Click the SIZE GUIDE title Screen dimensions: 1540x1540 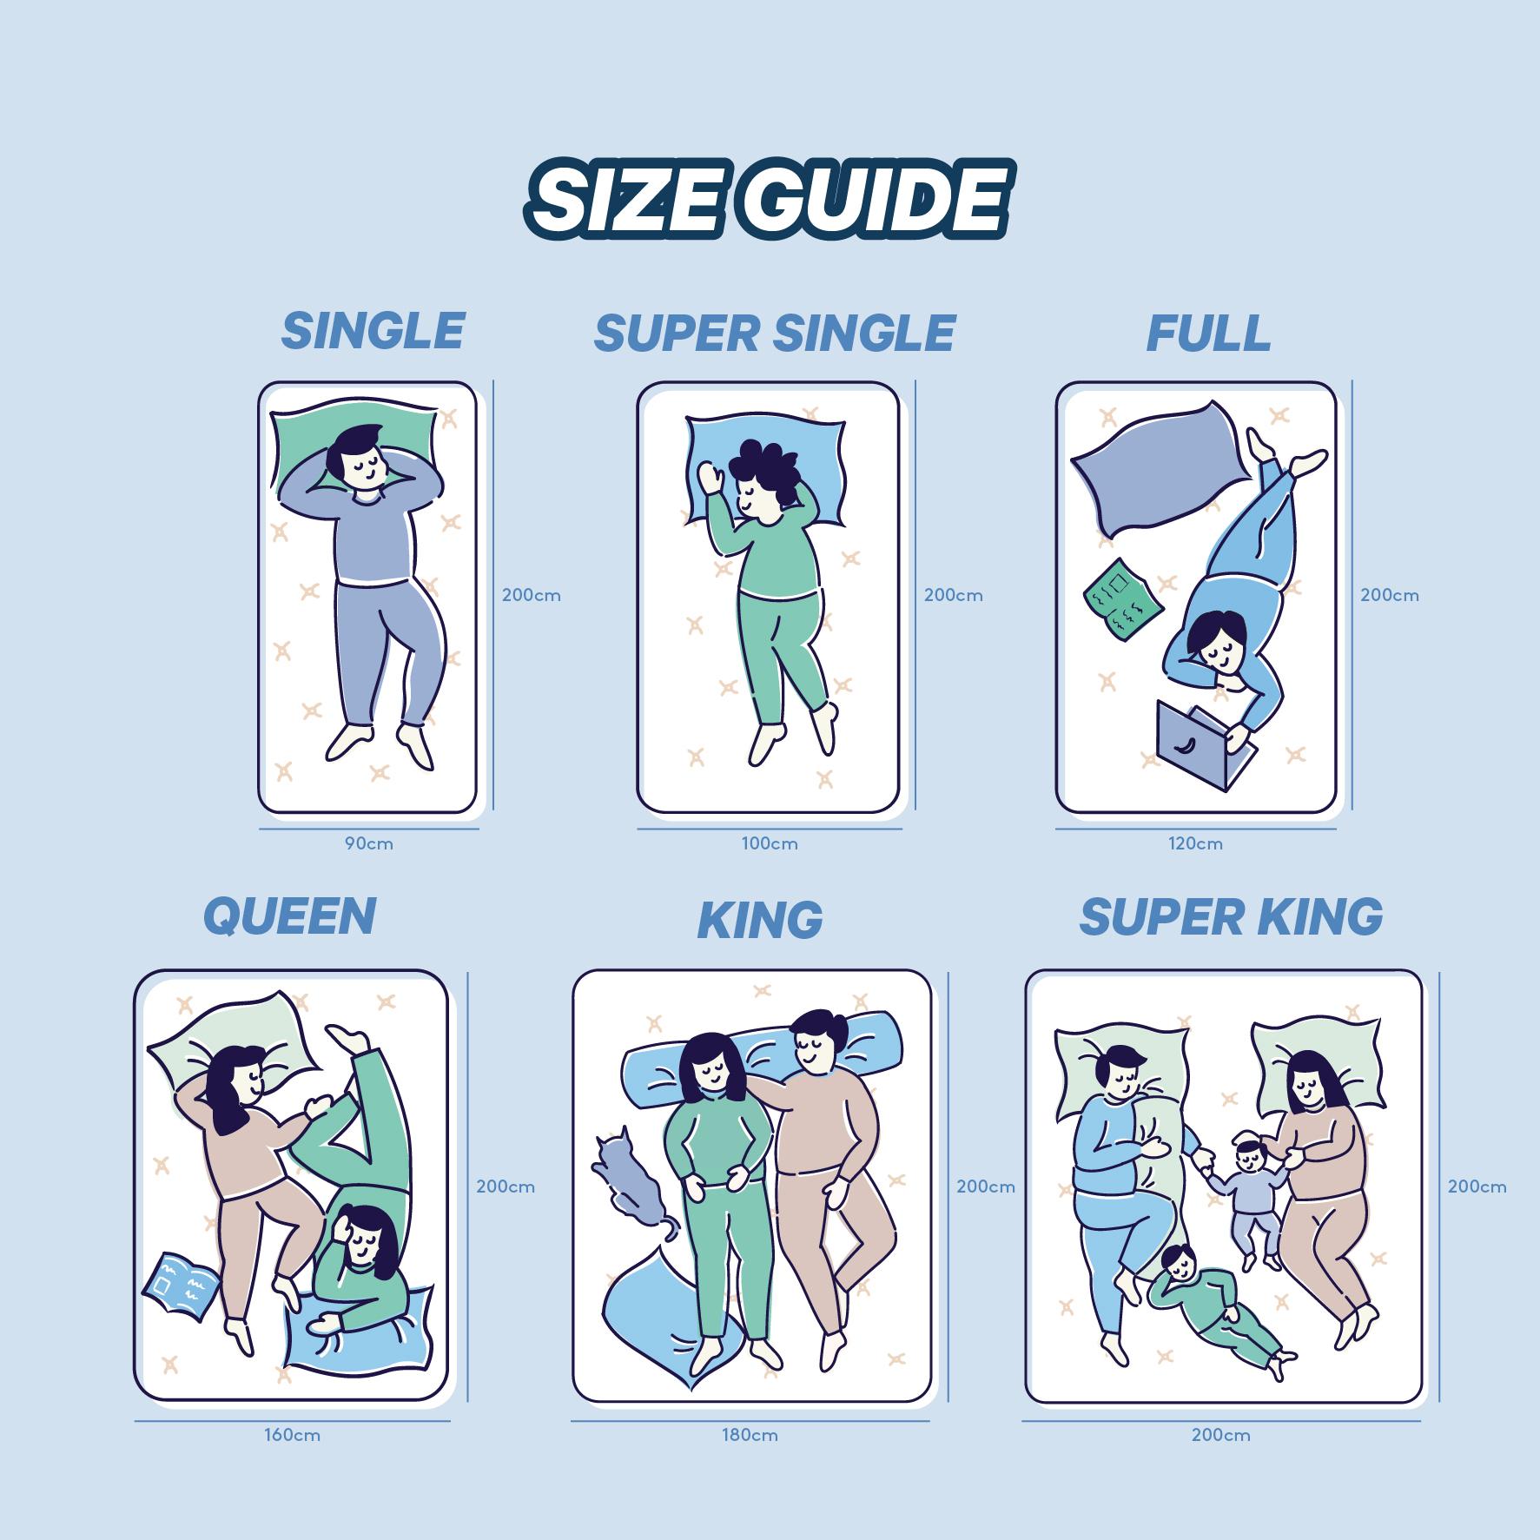(x=768, y=198)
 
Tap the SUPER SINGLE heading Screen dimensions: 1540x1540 (x=774, y=334)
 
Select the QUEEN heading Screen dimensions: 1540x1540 (x=289, y=916)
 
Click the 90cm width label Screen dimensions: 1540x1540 (x=368, y=843)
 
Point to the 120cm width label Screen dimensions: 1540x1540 (x=1195, y=843)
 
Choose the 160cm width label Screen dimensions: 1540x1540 (x=293, y=1435)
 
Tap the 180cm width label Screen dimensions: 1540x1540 (x=750, y=1435)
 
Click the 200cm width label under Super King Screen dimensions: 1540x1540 (x=1220, y=1435)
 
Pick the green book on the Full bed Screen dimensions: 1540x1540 (x=1122, y=599)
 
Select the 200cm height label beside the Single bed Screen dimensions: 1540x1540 (x=531, y=596)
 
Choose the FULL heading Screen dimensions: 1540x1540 (x=1208, y=334)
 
